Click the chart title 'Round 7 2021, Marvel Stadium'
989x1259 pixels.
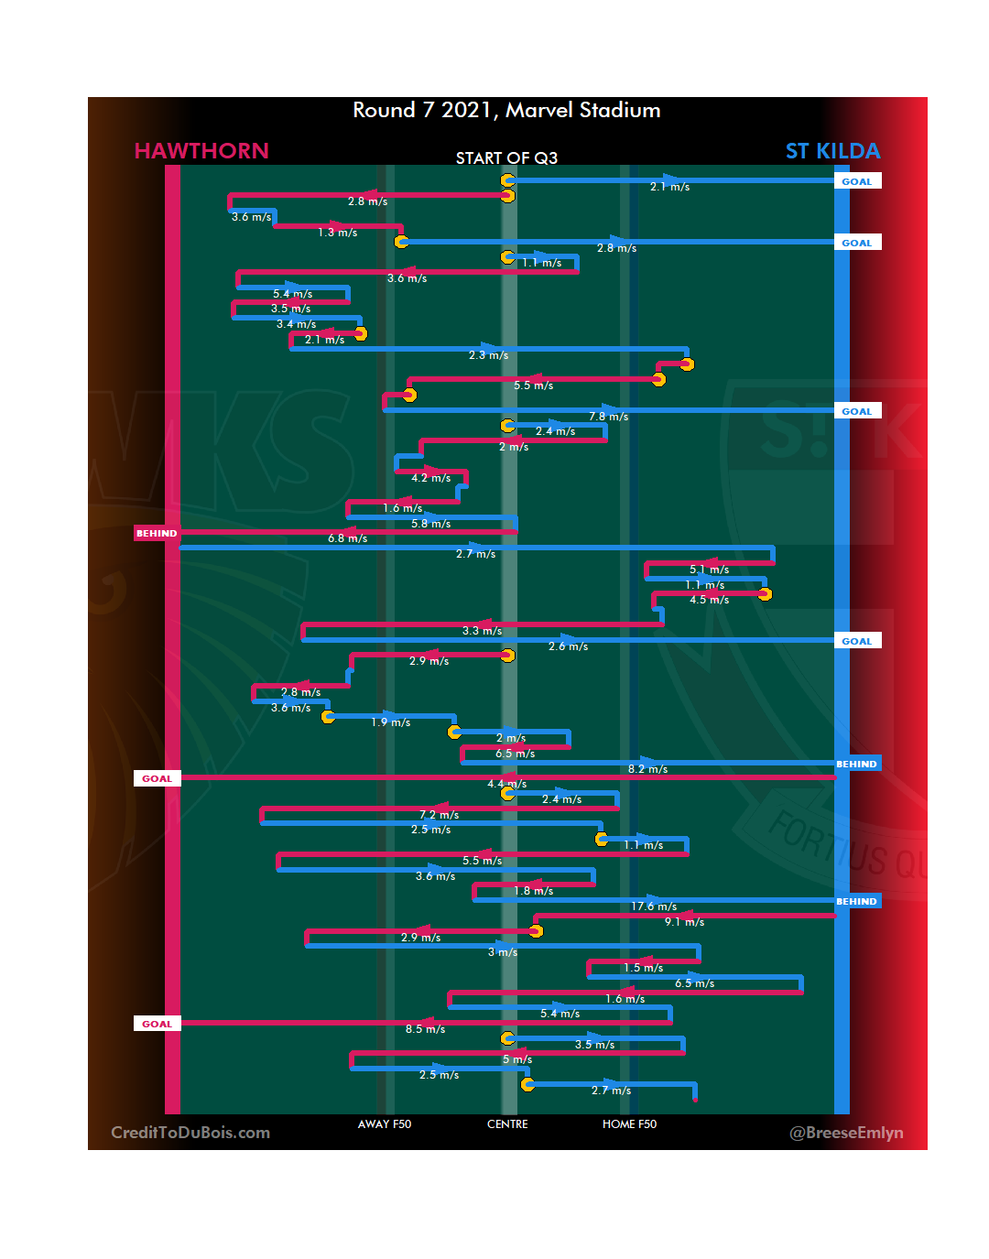pyautogui.click(x=506, y=111)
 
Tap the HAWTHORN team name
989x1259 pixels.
pyautogui.click(x=201, y=151)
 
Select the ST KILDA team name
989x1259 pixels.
pyautogui.click(x=832, y=151)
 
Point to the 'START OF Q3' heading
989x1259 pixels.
pyautogui.click(x=506, y=158)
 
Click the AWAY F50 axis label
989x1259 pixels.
pyautogui.click(x=385, y=1124)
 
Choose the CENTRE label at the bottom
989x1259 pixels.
pyautogui.click(x=507, y=1124)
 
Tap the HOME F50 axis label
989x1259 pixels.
pyautogui.click(x=629, y=1124)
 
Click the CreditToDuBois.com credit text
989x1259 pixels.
pyautogui.click(x=190, y=1133)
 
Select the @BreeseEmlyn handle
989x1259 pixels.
pyautogui.click(x=846, y=1133)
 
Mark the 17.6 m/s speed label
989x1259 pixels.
pyautogui.click(x=654, y=906)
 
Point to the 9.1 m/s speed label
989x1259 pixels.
pyautogui.click(x=684, y=922)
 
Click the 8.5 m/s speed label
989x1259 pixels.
pyautogui.click(x=425, y=1029)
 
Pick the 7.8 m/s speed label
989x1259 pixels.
pyautogui.click(x=608, y=417)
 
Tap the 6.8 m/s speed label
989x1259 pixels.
pyautogui.click(x=347, y=538)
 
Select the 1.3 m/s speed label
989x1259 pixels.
pyautogui.click(x=337, y=233)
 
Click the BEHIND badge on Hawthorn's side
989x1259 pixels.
pyautogui.click(x=157, y=533)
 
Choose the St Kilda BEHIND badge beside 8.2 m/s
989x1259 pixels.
pyautogui.click(x=856, y=764)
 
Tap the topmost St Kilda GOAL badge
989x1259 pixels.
pyautogui.click(x=856, y=181)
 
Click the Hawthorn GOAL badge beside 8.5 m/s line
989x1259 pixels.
pyautogui.click(x=157, y=1024)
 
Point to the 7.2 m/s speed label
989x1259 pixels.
pyautogui.click(x=439, y=815)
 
